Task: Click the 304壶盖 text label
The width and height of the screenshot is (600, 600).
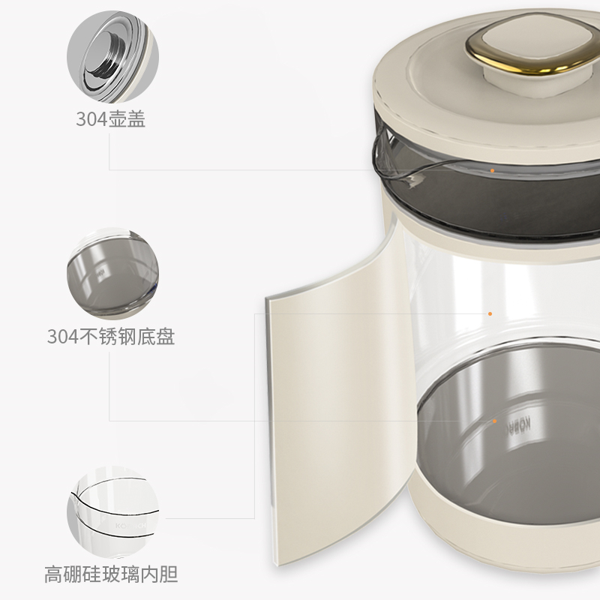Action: pyautogui.click(x=110, y=119)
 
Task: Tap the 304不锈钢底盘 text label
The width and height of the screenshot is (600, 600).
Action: pyautogui.click(x=111, y=337)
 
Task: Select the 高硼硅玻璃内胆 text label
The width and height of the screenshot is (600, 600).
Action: pyautogui.click(x=111, y=574)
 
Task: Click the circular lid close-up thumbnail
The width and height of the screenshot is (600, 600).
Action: pyautogui.click(x=113, y=57)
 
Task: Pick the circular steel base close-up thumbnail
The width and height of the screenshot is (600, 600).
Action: pyautogui.click(x=113, y=274)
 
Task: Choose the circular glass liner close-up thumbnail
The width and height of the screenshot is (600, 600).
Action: pyautogui.click(x=113, y=512)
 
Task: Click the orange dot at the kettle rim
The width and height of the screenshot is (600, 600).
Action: pyautogui.click(x=493, y=171)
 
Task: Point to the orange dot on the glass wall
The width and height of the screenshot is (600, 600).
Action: pyautogui.click(x=490, y=313)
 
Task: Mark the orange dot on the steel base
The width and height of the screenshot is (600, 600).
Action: pyautogui.click(x=494, y=421)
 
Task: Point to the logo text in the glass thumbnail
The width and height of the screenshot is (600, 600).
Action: pyautogui.click(x=130, y=526)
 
